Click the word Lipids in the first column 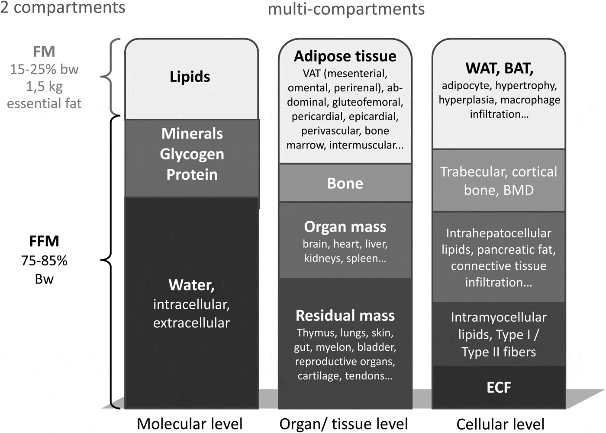[190, 77]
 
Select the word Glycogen [192, 154]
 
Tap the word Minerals [192, 134]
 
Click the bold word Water [191, 285]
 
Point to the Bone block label [345, 183]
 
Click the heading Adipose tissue [345, 56]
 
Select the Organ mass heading [345, 227]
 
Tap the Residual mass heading [345, 316]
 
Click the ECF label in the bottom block [499, 388]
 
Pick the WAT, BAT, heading [499, 68]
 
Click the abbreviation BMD [519, 191]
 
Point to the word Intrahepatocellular [499, 233]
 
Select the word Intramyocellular [499, 317]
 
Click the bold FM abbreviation [44, 52]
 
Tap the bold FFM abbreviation [44, 241]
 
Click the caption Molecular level [190, 424]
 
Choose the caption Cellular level [500, 424]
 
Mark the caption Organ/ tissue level [344, 424]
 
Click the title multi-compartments [346, 9]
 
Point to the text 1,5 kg [44, 86]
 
